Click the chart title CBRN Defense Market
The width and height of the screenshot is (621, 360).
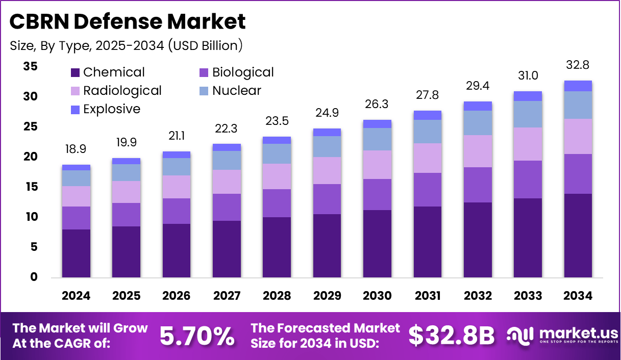click(x=128, y=21)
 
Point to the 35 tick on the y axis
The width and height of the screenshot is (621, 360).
click(x=30, y=66)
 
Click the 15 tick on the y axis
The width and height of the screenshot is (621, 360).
click(x=30, y=187)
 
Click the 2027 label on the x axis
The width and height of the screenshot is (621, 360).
click(x=227, y=296)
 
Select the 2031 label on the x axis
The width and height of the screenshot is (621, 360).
click(x=428, y=296)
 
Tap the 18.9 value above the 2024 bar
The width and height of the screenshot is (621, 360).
click(x=76, y=149)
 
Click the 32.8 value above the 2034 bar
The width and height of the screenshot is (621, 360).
click(x=578, y=65)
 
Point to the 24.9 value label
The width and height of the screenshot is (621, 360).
click(x=327, y=113)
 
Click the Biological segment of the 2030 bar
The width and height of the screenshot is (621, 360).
click(x=377, y=194)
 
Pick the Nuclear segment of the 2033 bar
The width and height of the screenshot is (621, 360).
click(x=528, y=114)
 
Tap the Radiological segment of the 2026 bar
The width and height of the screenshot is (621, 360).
click(x=177, y=187)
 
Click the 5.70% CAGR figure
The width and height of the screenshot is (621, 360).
click(x=197, y=336)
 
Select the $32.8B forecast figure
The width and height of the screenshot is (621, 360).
click(x=452, y=336)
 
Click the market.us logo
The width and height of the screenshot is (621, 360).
click(x=562, y=336)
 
